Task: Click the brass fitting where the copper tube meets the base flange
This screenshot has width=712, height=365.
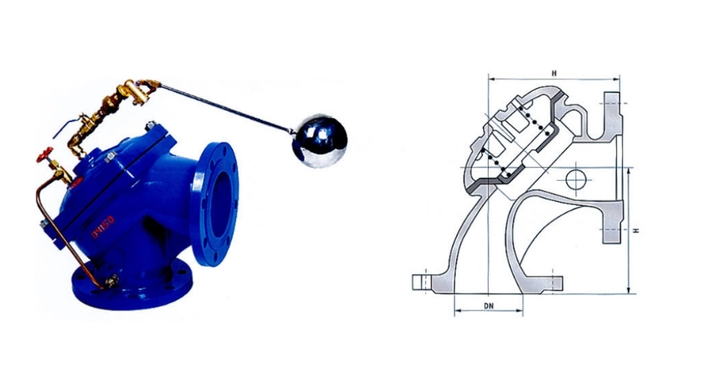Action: coord(112,280)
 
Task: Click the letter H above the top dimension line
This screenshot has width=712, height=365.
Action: coord(554,73)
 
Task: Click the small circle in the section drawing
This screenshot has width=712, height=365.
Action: coord(575,178)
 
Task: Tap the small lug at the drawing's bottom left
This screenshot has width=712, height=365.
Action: coord(419,282)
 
